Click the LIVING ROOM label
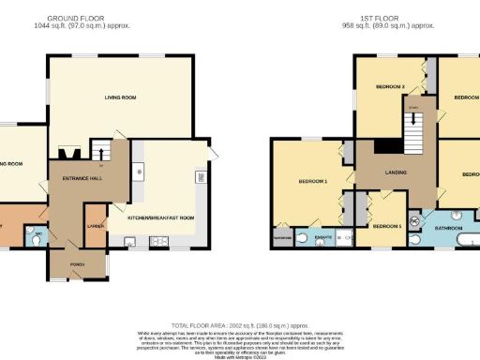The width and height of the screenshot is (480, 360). click(120, 97)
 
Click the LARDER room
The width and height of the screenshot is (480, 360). click(96, 227)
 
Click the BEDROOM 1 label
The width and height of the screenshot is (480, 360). click(312, 180)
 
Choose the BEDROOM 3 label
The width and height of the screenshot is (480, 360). click(390, 87)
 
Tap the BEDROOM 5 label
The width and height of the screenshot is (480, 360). click(385, 226)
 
